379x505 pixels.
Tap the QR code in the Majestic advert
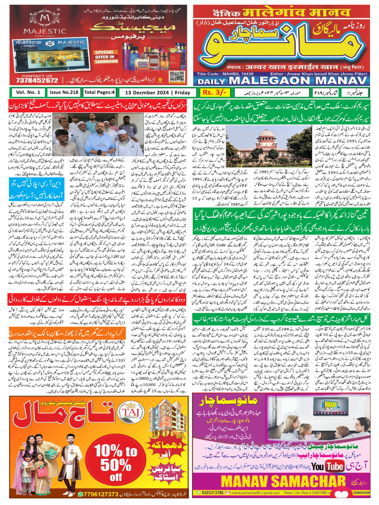point(176,76)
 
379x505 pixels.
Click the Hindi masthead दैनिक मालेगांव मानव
point(281,11)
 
